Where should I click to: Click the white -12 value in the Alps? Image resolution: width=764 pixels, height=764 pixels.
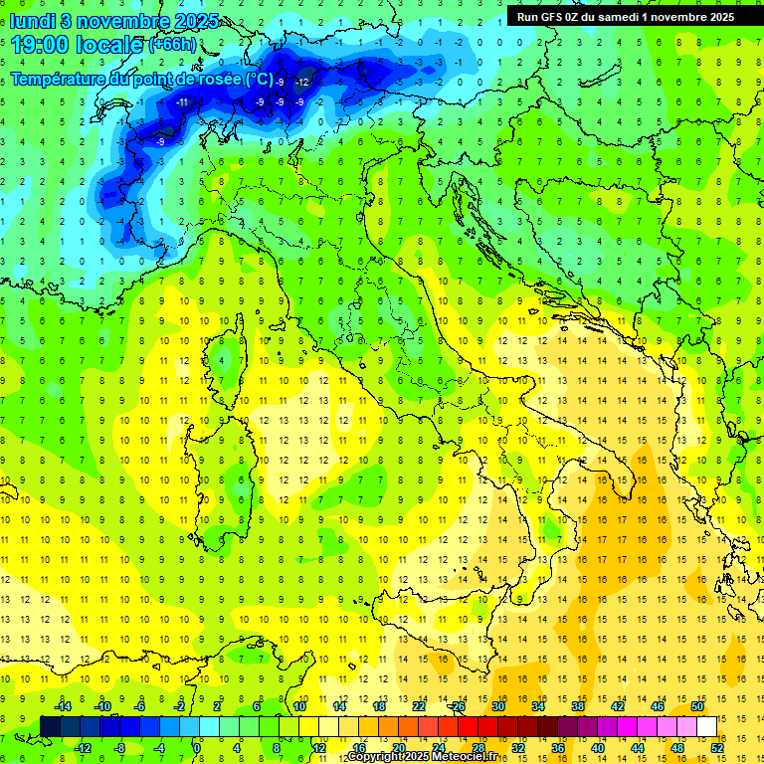[301, 80]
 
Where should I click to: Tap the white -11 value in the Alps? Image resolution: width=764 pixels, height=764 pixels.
[182, 101]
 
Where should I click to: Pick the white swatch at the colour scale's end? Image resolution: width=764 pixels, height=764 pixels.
[706, 726]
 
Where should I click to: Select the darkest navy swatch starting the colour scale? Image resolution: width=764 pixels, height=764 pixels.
[51, 726]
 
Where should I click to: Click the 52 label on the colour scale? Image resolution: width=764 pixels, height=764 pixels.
[717, 747]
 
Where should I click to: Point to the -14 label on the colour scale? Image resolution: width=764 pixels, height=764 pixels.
[63, 706]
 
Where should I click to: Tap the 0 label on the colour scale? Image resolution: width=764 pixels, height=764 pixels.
[197, 747]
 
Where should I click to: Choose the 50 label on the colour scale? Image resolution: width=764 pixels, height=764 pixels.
[697, 706]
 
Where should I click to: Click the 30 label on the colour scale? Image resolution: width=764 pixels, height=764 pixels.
[498, 706]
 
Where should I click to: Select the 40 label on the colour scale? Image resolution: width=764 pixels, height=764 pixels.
[598, 747]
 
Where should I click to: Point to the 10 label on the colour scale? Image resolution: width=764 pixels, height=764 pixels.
[299, 706]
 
